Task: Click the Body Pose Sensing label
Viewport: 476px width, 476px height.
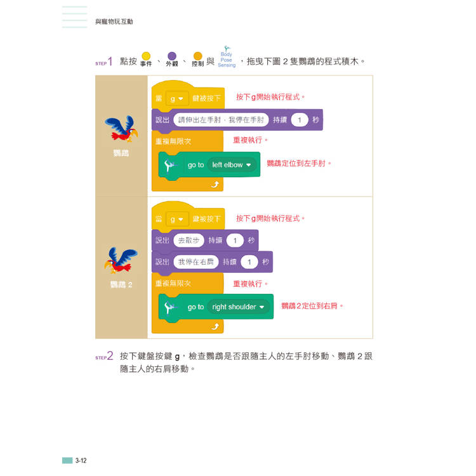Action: (x=227, y=60)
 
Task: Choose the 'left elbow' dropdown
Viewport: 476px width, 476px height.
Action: (x=232, y=165)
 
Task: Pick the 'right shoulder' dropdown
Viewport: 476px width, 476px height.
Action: (x=239, y=307)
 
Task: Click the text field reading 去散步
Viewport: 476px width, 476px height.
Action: (x=188, y=241)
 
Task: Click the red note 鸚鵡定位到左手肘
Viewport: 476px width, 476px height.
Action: (x=299, y=164)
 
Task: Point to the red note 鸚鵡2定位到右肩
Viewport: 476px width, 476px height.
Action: (x=312, y=306)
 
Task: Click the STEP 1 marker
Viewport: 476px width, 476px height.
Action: (x=104, y=62)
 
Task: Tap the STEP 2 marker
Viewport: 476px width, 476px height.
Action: (x=104, y=357)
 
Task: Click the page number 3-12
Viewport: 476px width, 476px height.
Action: (x=81, y=460)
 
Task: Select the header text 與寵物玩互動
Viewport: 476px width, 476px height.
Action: (x=114, y=22)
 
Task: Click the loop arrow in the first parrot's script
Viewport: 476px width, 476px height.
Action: (x=215, y=184)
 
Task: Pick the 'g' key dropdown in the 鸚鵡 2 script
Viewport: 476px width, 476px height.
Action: (x=175, y=220)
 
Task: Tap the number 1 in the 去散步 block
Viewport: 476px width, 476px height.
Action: (x=235, y=241)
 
